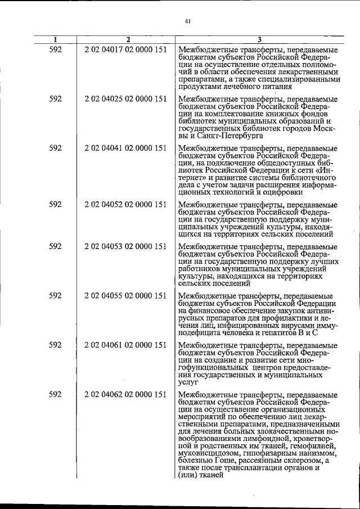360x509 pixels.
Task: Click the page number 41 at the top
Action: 187,21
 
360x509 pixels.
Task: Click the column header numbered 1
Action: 55,39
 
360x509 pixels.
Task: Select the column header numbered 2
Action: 128,39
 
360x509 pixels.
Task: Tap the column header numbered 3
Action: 259,39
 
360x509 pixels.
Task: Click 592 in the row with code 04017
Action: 55,49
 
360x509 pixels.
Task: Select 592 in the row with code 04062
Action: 55,394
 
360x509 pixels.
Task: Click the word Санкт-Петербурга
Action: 229,136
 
